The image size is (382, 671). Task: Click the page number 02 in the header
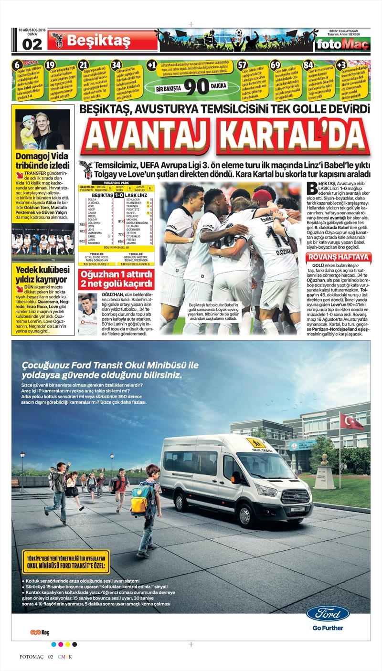32,44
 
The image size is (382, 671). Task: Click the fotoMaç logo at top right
342,44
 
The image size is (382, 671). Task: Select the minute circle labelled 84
308,65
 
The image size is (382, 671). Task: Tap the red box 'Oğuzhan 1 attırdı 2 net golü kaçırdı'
117,281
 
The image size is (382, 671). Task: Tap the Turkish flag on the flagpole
351,421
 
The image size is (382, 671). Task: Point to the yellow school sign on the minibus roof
256,442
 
